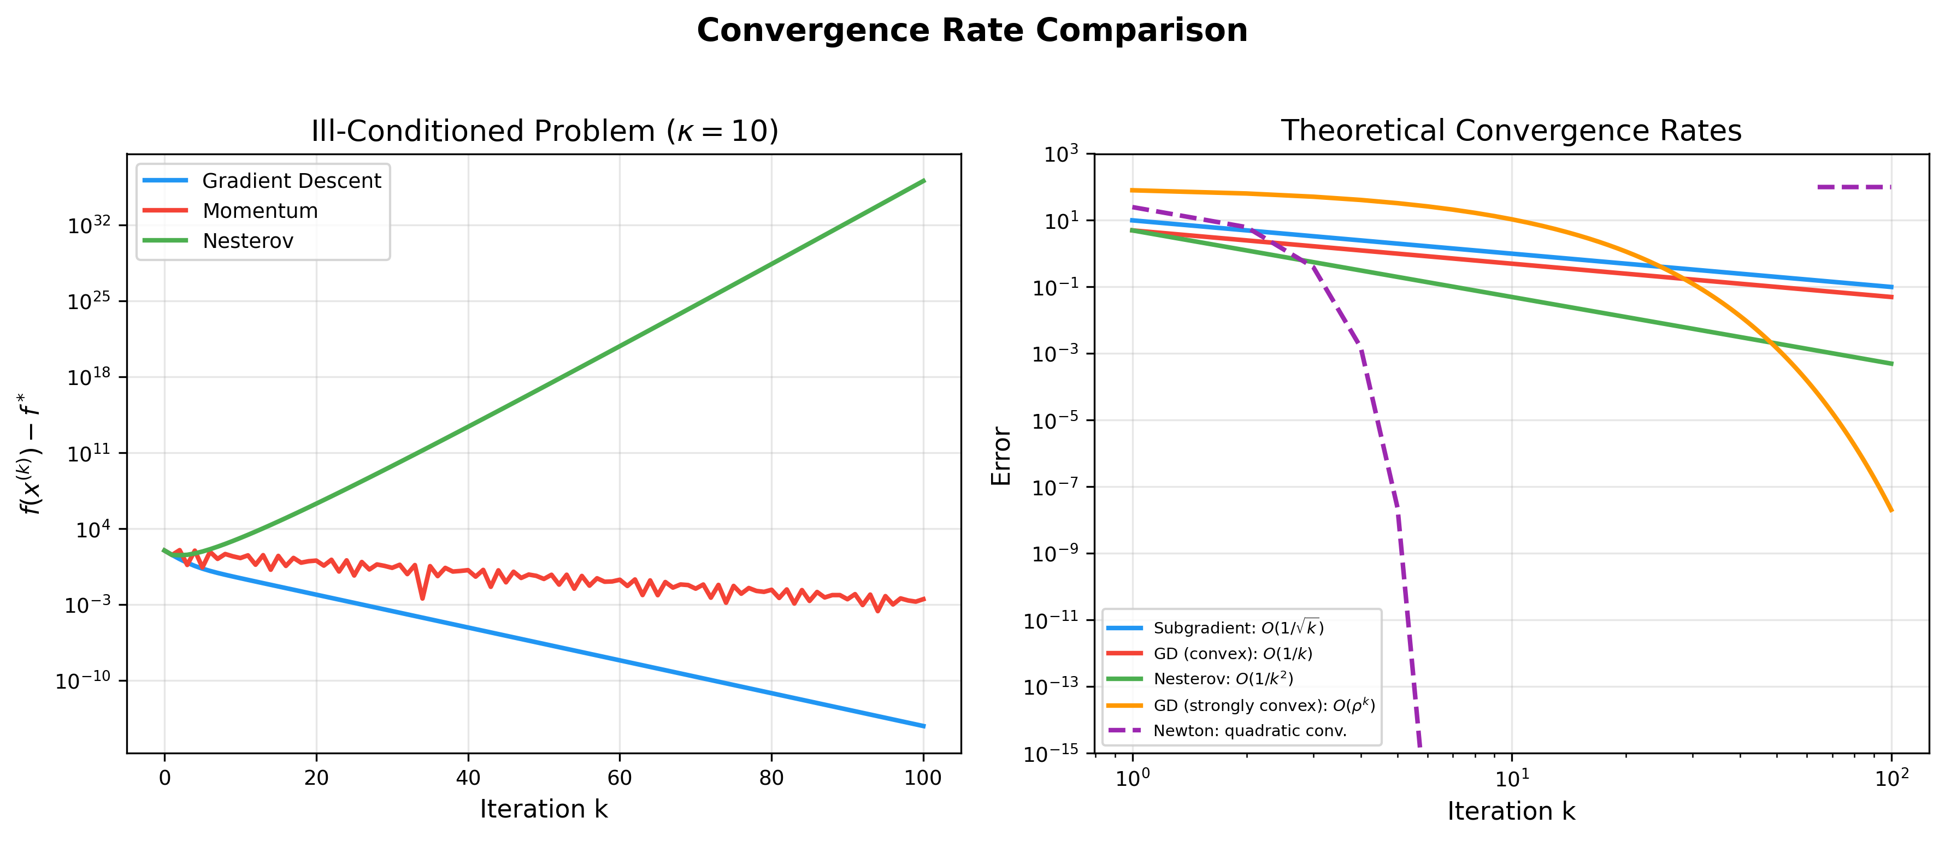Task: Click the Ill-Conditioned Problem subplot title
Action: (x=544, y=132)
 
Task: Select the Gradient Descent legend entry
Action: (x=291, y=181)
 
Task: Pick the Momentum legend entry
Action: (x=260, y=211)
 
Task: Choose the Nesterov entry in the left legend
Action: (x=247, y=241)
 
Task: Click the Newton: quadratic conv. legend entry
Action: (x=1249, y=731)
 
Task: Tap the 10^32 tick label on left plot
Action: (x=89, y=226)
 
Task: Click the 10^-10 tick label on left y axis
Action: (x=83, y=681)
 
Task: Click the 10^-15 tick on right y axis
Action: (x=1051, y=754)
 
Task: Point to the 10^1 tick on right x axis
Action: (x=1512, y=778)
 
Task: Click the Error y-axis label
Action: (x=1001, y=456)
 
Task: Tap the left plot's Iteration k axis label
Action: (x=544, y=809)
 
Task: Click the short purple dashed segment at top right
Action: (x=1854, y=186)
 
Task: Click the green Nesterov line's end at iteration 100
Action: (x=923, y=181)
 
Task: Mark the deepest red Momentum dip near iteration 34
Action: (x=422, y=598)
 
